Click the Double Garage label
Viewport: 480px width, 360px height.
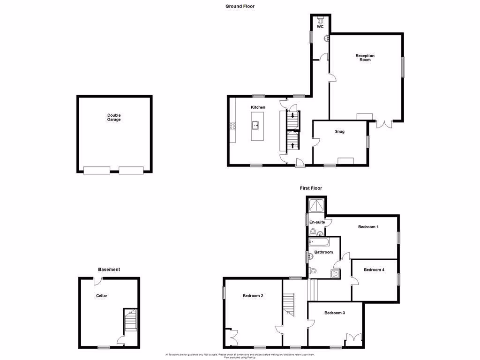click(114, 117)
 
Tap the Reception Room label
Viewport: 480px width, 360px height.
click(365, 58)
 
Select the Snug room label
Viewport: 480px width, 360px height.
click(340, 131)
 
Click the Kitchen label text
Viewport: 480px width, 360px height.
click(258, 107)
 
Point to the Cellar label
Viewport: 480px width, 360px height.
click(102, 296)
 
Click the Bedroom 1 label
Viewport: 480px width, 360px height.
click(368, 227)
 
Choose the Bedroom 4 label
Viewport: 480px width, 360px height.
click(374, 270)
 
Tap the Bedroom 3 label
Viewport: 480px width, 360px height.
click(335, 312)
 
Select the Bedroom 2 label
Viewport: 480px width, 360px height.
click(253, 296)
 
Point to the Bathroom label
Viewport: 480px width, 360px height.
click(323, 252)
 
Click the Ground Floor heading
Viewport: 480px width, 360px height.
click(240, 6)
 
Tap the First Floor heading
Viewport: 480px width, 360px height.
click(311, 188)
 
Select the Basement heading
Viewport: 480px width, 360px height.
click(109, 270)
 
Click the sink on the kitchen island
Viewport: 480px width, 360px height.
click(256, 125)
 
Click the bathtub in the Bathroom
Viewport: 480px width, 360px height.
click(319, 242)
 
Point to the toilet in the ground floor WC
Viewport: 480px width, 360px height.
click(321, 21)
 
